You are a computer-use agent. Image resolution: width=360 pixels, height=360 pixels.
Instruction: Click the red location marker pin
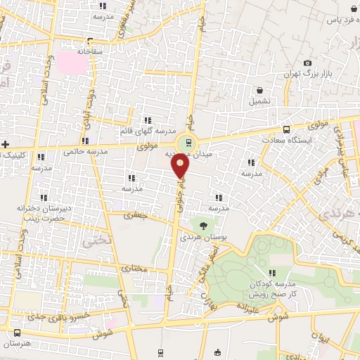180,166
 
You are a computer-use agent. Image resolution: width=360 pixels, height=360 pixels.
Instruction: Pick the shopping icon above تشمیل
260,90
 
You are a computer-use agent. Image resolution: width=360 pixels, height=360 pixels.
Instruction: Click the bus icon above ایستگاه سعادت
285,129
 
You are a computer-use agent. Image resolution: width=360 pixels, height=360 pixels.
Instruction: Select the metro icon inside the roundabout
186,142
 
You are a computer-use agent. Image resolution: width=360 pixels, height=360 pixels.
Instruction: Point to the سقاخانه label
90,51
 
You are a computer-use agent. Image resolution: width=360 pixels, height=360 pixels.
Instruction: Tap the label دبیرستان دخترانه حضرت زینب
47,213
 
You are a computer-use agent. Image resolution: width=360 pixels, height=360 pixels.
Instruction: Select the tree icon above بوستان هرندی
203,226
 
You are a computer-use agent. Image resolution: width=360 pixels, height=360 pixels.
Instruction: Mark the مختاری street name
135,269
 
